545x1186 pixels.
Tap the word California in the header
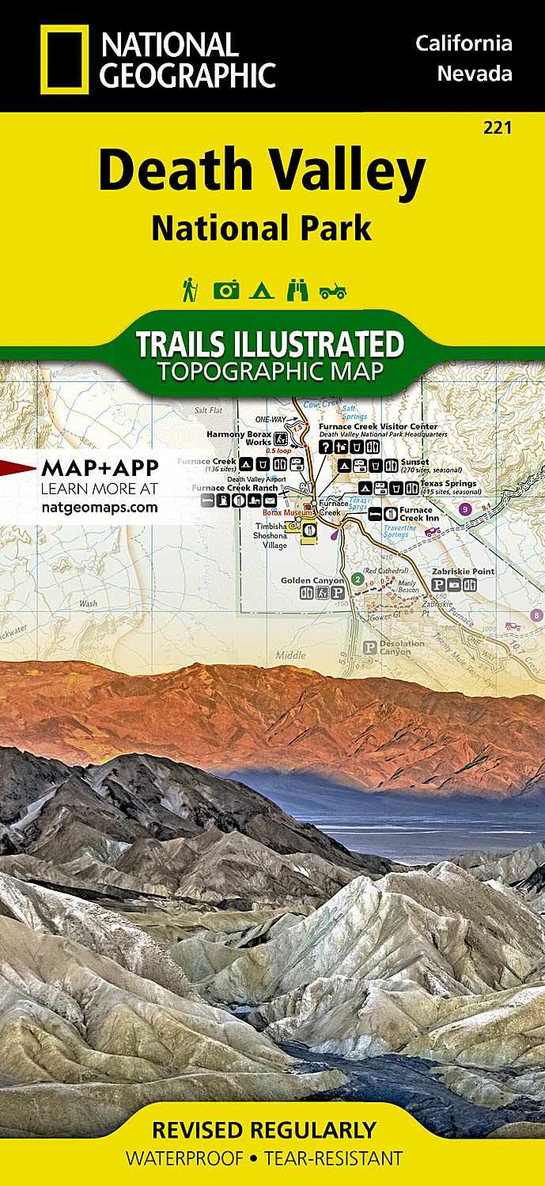464,43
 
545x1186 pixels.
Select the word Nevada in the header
475,74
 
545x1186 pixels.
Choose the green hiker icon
190,289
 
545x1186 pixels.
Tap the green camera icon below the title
225,290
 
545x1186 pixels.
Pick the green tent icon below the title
261,291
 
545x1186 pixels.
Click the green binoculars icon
297,290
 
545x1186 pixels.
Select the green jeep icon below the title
333,291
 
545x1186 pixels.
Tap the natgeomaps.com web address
99,507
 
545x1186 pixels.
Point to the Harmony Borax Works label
238,438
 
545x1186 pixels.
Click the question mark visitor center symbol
324,447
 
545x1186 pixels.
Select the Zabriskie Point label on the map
463,571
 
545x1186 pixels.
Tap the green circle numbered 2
358,580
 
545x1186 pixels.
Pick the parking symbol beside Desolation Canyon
369,647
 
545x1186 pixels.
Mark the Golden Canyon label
312,580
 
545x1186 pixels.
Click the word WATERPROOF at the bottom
185,1159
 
